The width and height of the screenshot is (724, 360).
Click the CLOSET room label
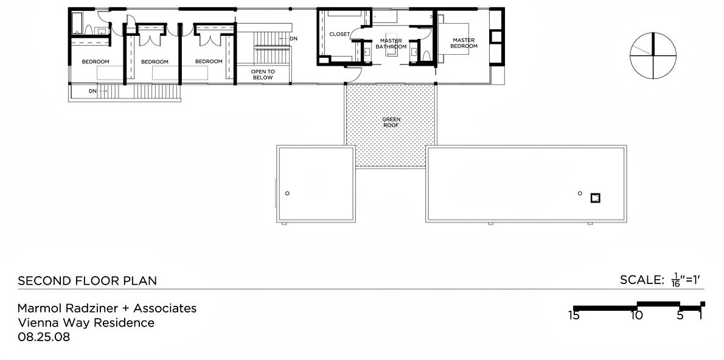[x=339, y=34]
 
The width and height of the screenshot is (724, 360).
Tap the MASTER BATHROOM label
[x=391, y=44]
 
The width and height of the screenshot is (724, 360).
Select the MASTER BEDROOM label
[x=464, y=43]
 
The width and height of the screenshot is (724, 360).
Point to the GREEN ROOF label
[x=391, y=122]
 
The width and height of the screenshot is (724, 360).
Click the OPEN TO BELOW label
[x=263, y=75]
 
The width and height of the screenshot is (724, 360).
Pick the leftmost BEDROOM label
[x=96, y=62]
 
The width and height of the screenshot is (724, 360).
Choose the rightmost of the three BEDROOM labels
[x=209, y=61]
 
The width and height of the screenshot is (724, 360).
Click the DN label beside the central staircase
[x=294, y=39]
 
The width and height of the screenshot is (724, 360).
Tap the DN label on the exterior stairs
[x=93, y=91]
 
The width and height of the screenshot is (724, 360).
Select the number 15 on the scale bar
[x=574, y=316]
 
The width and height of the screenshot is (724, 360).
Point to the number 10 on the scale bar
[x=637, y=316]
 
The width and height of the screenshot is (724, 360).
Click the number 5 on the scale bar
[x=680, y=316]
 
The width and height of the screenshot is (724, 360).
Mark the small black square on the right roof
[x=596, y=198]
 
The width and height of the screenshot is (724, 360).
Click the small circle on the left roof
[x=287, y=193]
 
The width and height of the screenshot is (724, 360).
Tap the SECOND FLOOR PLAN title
[x=87, y=280]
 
